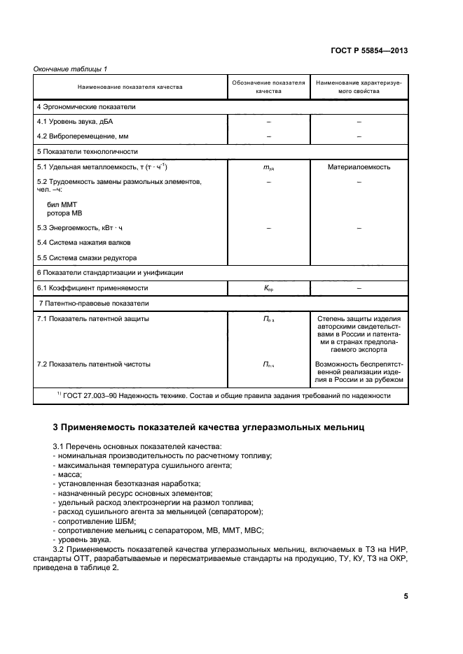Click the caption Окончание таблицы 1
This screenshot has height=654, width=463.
[70, 68]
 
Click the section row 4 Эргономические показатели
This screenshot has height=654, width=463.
[86, 107]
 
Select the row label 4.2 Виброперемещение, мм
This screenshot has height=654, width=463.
[84, 136]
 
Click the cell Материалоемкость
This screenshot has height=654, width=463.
[359, 167]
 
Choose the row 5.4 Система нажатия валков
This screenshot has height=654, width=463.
[84, 242]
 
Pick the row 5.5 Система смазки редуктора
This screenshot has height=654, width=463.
[87, 257]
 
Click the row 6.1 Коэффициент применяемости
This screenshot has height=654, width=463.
[92, 287]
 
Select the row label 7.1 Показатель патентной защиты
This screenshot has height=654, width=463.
[93, 319]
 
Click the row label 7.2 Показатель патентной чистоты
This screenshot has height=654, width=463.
[94, 364]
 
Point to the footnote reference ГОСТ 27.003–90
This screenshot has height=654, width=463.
[88, 396]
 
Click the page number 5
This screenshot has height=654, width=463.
[406, 596]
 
